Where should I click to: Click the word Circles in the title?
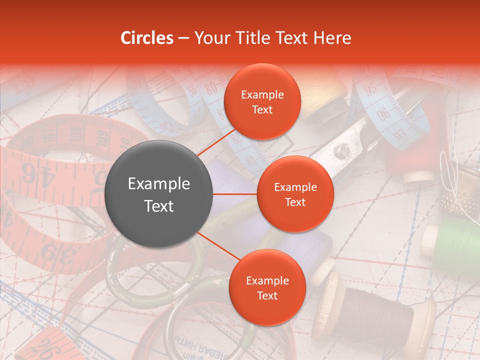pos(146,38)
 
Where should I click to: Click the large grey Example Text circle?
pos(158,194)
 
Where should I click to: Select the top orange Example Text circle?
pos(262,101)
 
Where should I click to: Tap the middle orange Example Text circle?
pos(295,194)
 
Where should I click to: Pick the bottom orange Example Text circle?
pos(267,287)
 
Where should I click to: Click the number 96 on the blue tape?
pos(384,114)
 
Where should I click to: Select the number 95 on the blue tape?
pos(370,90)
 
